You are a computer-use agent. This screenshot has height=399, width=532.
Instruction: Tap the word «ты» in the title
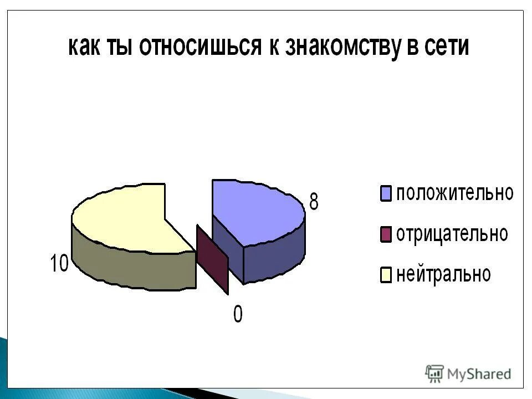point(122,47)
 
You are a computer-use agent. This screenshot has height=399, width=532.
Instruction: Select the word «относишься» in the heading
point(200,47)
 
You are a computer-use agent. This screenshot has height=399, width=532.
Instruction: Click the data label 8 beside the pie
point(314,202)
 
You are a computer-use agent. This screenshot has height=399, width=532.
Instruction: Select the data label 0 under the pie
point(237,315)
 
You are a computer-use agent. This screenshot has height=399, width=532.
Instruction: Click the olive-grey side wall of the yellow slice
point(133,269)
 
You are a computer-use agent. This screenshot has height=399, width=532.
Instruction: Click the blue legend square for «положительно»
point(386,195)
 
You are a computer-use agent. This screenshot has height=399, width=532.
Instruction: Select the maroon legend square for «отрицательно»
point(386,234)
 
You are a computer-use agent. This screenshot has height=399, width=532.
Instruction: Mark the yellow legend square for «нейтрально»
point(386,275)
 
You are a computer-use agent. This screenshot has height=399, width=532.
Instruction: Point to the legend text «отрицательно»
point(452,234)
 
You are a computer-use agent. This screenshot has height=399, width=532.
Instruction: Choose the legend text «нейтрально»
point(443,274)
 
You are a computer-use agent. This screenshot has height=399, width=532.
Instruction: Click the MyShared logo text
point(479,374)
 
